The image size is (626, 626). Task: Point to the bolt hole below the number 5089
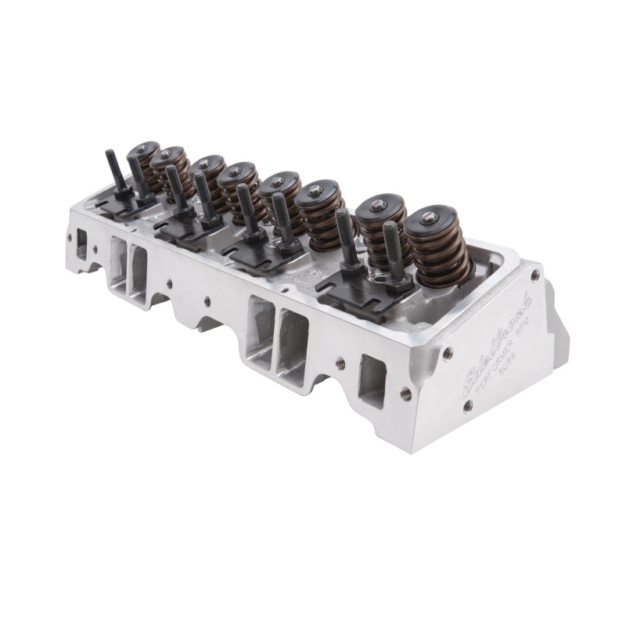click(x=467, y=406)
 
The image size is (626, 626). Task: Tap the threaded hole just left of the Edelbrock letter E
click(x=405, y=395)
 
